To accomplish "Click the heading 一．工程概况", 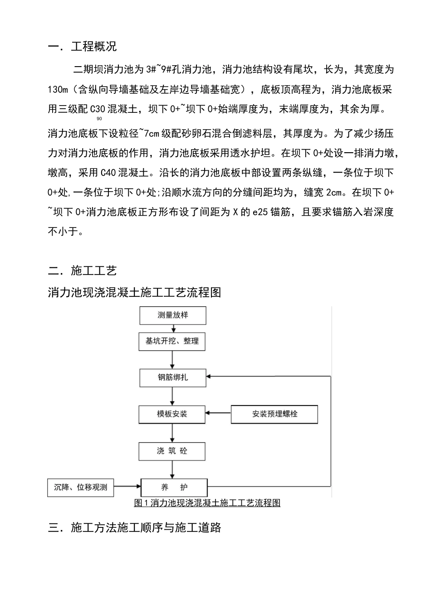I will point(82,47).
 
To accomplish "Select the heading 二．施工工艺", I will point(82,271).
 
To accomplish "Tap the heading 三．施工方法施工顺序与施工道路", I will point(134,527).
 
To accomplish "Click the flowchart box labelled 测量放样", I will point(172,315).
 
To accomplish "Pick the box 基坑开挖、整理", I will point(172,341).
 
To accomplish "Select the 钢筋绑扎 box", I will point(172,377).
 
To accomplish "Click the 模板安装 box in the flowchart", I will point(172,414).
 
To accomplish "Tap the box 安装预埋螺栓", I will point(274,414).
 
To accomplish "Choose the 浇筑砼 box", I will point(172,451).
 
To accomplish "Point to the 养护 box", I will point(174,488).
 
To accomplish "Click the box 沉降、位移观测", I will point(80,488).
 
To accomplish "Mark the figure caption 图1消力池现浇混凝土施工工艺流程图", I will point(207,503).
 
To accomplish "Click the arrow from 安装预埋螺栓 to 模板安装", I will point(218,413).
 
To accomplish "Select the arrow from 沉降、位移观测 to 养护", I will point(127,487).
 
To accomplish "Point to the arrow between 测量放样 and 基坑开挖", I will point(172,328).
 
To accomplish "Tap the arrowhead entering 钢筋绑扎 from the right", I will point(210,376).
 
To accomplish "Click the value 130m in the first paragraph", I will point(57,89).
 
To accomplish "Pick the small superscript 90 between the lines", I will point(99,119).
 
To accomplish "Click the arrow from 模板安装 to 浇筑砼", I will point(172,433).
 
